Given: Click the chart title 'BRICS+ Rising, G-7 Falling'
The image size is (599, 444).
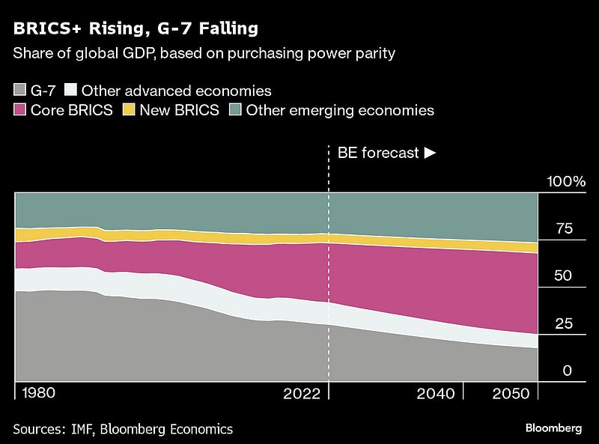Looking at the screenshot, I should tap(136, 29).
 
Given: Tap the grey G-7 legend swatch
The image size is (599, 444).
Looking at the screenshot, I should tap(20, 91).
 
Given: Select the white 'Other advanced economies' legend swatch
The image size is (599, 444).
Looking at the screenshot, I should tap(72, 91).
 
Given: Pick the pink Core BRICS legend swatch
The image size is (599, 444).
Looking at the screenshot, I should tap(20, 111).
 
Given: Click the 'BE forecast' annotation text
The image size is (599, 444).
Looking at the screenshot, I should tap(378, 153).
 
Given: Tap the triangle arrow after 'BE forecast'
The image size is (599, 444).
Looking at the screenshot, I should tap(430, 153).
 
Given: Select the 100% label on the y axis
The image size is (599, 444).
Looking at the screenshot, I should tap(566, 181).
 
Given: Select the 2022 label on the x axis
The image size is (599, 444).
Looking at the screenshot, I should tap(303, 394).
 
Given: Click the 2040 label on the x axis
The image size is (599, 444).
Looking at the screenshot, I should tap(437, 394).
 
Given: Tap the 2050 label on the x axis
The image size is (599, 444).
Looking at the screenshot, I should tap(511, 394).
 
